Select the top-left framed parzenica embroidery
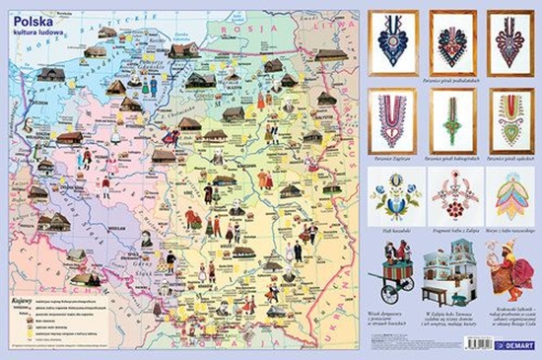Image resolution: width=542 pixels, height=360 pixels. click(x=390, y=41)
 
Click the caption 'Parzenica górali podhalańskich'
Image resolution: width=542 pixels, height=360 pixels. click(x=450, y=77)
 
